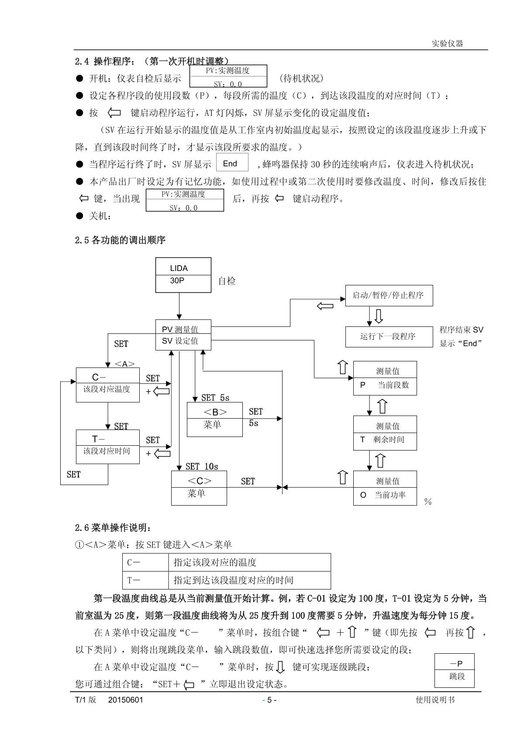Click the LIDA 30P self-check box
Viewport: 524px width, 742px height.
click(183, 275)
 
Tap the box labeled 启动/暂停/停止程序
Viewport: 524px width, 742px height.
click(389, 295)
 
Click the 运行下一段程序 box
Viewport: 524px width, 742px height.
click(389, 337)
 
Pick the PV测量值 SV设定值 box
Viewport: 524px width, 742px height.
click(183, 335)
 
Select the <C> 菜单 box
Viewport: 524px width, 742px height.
click(199, 488)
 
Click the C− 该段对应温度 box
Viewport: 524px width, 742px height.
click(108, 385)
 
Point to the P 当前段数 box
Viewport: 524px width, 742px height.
click(385, 378)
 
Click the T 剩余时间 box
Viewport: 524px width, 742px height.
click(385, 433)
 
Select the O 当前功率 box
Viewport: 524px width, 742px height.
click(385, 488)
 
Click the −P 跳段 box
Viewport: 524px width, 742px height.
click(455, 670)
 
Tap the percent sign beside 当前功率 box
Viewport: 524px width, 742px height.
click(428, 502)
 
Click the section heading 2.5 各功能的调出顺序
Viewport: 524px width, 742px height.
click(121, 240)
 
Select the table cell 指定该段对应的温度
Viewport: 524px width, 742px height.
click(249, 562)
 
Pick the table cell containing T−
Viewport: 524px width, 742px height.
click(145, 580)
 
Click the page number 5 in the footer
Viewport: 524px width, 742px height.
click(269, 700)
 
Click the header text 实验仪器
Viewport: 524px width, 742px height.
click(447, 44)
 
